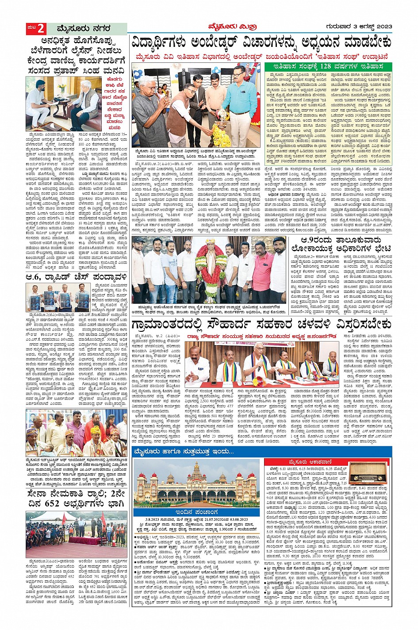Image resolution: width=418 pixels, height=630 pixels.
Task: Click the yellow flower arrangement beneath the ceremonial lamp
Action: tap(221, 137)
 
